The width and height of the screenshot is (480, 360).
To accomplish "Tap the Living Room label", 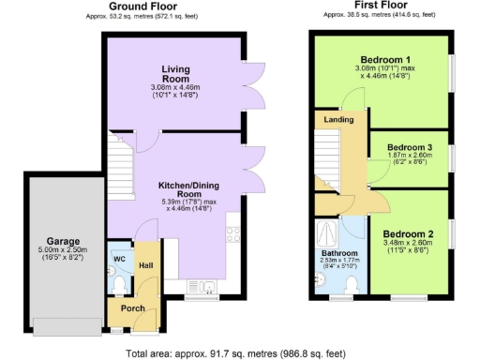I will (175, 75).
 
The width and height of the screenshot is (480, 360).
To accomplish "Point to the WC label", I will (119, 258).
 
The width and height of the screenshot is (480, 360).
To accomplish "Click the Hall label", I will (146, 266).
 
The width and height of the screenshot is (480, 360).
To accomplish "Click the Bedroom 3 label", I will (410, 148).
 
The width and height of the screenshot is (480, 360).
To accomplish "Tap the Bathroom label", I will (339, 253).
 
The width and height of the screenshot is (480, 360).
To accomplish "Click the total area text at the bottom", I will (240, 352).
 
